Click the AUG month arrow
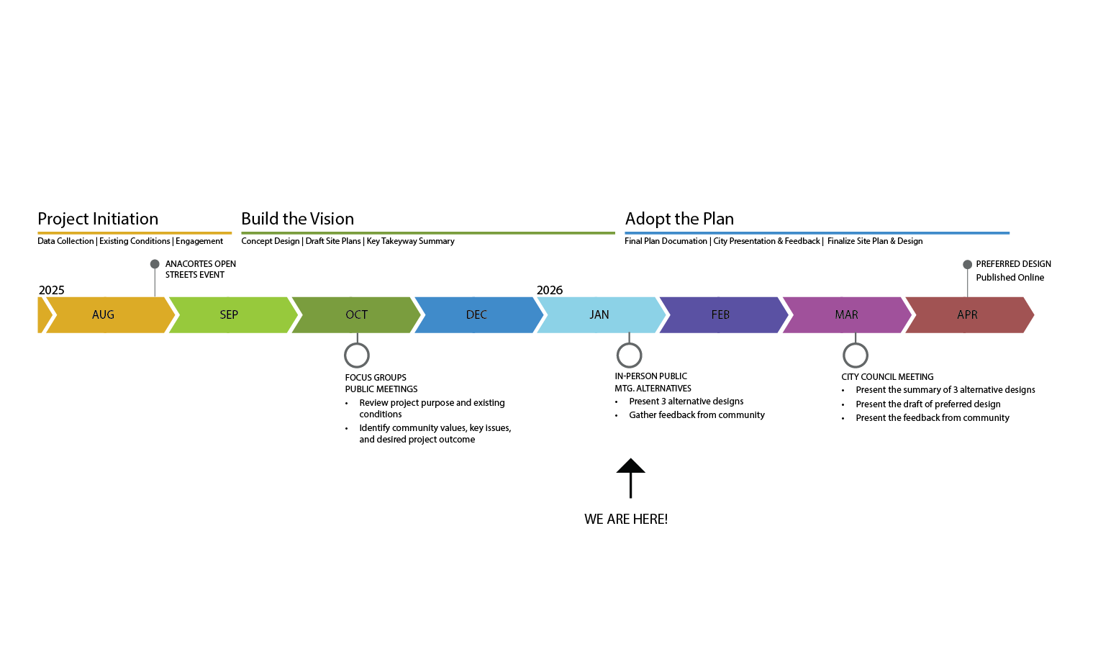pos(104,314)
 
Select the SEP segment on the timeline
pos(229,314)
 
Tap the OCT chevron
pos(356,314)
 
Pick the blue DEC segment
pos(476,314)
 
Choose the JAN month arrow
pos(599,314)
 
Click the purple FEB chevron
pos(720,314)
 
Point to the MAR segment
pos(846,314)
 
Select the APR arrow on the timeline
pos(967,314)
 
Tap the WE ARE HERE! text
pos(626,519)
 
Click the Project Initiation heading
pos(98,219)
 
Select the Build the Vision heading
pos(297,219)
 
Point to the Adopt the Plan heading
pos(679,219)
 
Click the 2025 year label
pos(51,290)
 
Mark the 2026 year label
pos(550,290)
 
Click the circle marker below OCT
pos(357,355)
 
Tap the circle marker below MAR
pos(856,355)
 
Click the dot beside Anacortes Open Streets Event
pos(155,264)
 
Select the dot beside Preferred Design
pos(967,265)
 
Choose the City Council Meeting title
pos(887,377)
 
